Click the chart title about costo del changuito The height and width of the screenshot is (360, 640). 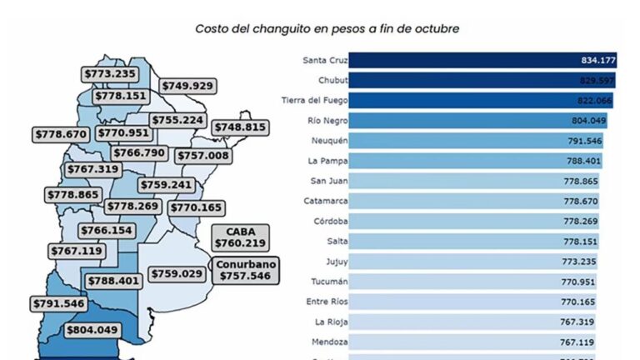[327, 28]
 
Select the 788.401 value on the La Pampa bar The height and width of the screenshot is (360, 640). [581, 161]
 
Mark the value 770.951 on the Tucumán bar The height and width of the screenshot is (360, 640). [581, 282]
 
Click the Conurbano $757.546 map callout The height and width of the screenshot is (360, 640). [245, 268]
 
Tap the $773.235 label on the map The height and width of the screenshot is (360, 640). [111, 73]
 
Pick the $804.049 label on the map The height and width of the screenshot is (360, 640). [92, 330]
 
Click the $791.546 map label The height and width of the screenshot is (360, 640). [60, 303]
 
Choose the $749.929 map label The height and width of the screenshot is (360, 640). [187, 85]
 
